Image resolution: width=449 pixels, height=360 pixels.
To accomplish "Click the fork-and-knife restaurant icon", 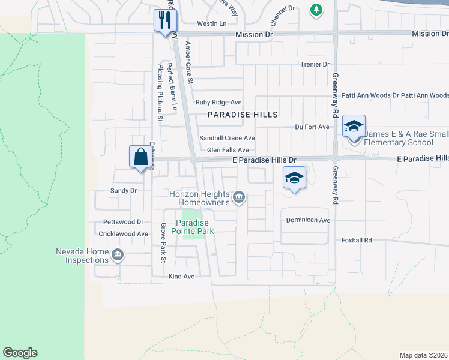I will tap(163, 21).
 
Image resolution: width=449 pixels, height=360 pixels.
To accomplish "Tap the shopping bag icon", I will tap(140, 157).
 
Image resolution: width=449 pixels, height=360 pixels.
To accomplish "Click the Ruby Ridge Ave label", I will tap(220, 103).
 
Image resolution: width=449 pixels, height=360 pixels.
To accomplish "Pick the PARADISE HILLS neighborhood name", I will tap(243, 115).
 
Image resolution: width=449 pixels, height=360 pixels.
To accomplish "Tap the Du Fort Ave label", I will tap(312, 127).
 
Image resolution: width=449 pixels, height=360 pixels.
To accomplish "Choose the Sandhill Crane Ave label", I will tap(227, 138).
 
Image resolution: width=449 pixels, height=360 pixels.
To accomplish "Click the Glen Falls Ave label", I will tap(228, 150).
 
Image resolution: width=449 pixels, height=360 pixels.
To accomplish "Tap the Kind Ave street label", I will tap(181, 277).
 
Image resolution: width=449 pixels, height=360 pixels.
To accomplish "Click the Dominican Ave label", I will tap(308, 220).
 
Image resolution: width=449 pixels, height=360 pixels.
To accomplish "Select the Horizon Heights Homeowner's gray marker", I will tap(239, 197).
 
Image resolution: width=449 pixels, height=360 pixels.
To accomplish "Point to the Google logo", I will tap(20, 353).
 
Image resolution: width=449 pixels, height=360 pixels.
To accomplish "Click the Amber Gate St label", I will tap(189, 62).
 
